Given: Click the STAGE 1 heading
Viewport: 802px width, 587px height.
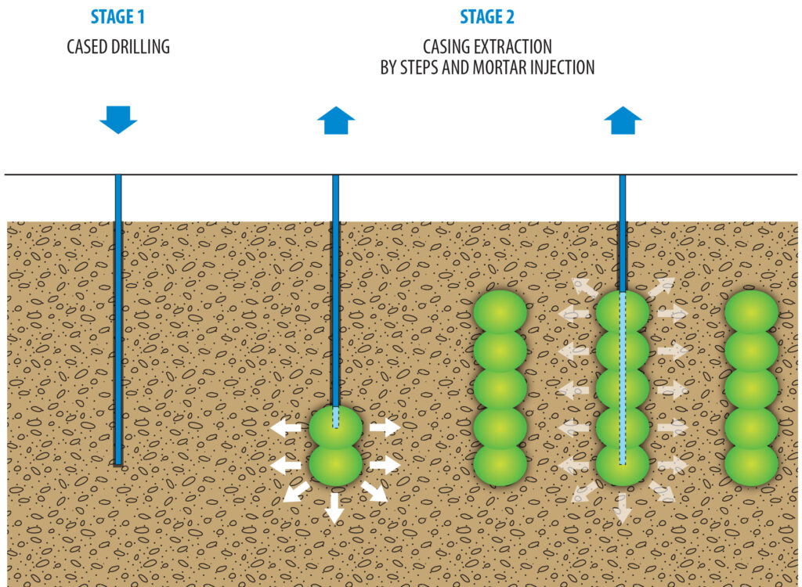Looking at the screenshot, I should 117,17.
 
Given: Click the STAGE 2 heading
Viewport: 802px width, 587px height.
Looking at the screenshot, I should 486,17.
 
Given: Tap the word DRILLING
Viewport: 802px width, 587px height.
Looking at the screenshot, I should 139,47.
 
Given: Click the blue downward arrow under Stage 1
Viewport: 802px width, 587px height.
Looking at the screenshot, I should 118,120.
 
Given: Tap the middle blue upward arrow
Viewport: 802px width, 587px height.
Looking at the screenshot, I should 336,121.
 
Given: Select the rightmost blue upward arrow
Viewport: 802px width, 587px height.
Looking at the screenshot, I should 623,121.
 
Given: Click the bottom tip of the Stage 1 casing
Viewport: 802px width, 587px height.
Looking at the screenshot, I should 118,463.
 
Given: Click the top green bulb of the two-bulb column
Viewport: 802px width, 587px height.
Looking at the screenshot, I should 335,427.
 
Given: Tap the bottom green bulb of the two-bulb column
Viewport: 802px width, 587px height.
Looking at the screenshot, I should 335,464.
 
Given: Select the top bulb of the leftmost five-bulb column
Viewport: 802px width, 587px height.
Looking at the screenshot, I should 500,312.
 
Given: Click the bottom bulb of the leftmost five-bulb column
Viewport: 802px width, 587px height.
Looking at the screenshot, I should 500,465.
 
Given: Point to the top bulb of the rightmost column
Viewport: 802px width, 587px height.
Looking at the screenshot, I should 751,312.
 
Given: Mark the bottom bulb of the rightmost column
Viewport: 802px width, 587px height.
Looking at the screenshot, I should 751,465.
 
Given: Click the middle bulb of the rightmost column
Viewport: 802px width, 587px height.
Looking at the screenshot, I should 751,389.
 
